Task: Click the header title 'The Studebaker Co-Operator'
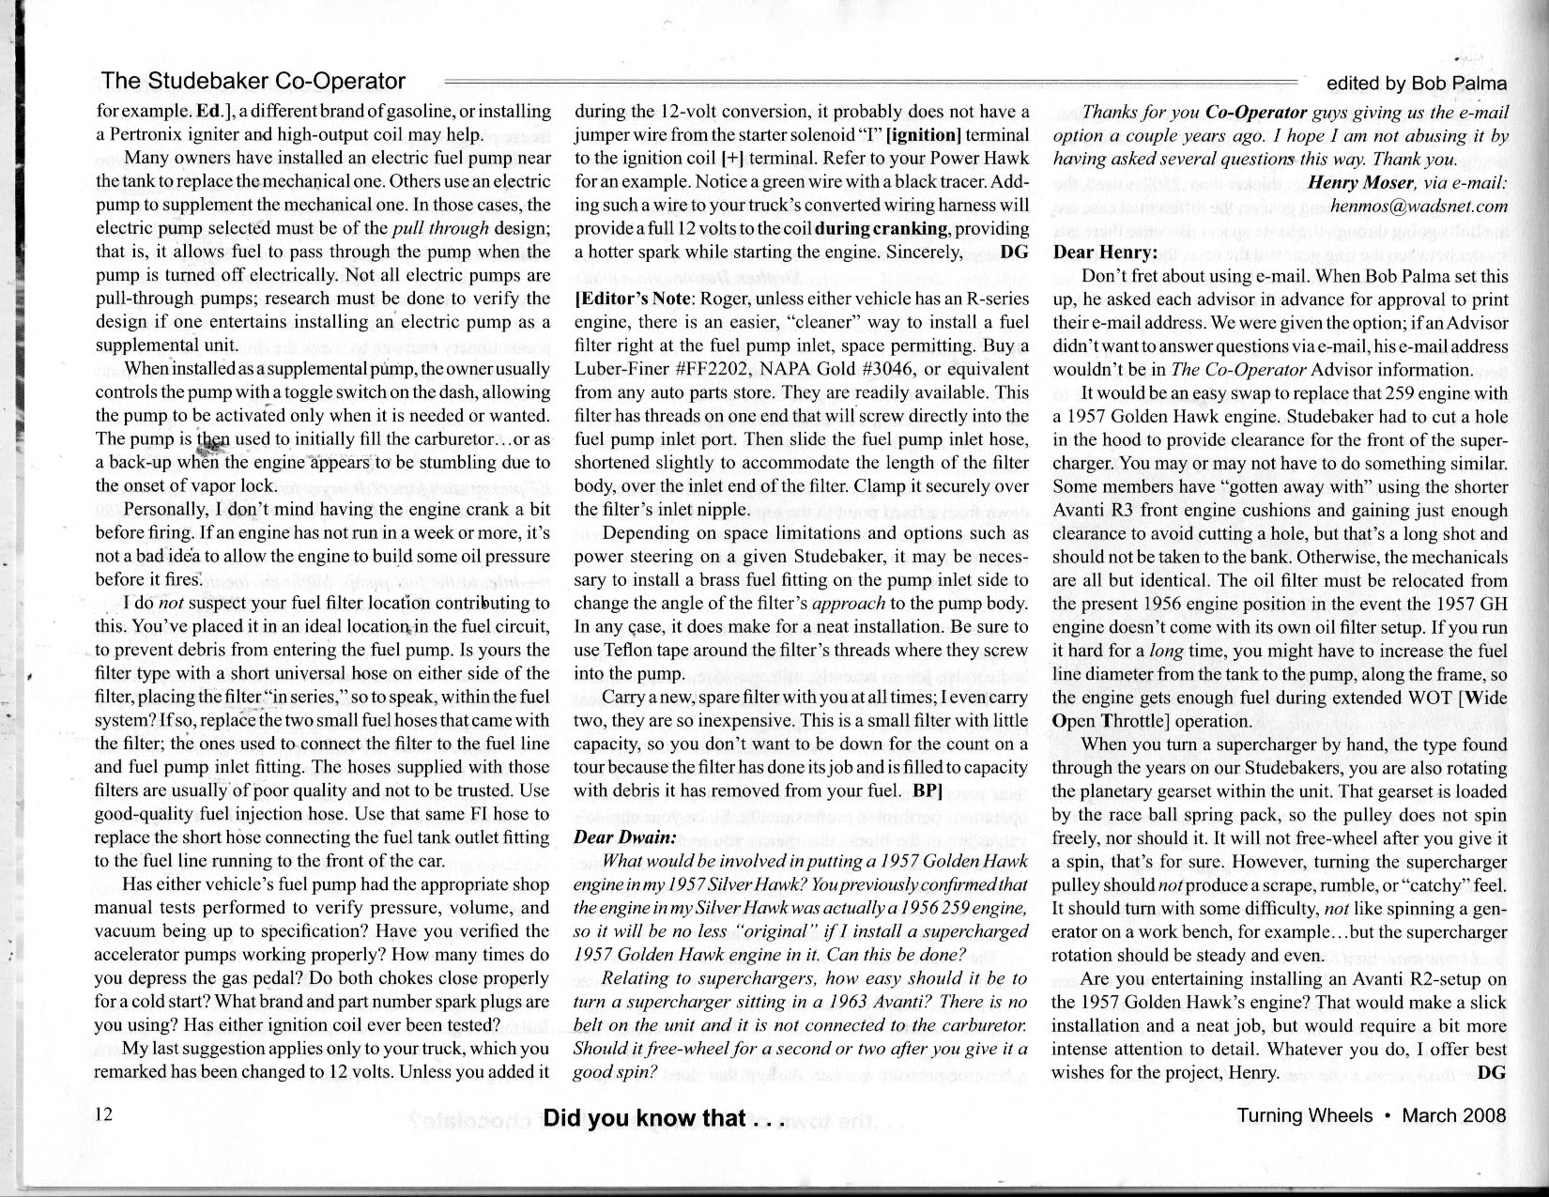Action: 253,82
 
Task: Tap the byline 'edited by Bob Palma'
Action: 1416,84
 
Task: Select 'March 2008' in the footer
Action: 1453,1115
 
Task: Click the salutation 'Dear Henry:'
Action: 1105,253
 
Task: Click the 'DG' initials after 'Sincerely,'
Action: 1015,252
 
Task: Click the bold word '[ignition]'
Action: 922,134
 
